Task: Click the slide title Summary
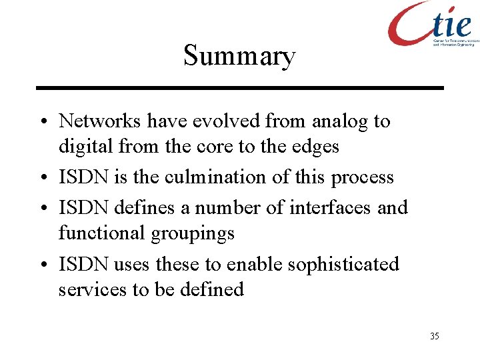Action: coord(239,56)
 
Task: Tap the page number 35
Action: coord(435,336)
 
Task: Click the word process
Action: coord(363,178)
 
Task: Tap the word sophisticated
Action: coord(343,265)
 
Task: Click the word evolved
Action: coord(227,121)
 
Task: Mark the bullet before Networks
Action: coord(43,123)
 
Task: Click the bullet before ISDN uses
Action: coord(43,265)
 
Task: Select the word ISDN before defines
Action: coord(84,208)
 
